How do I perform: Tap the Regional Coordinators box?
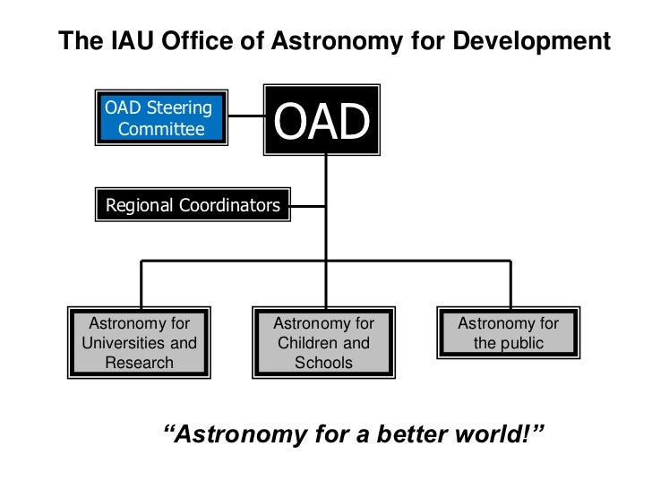point(192,205)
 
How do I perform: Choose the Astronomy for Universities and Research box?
point(139,343)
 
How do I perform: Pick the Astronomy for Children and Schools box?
point(323,343)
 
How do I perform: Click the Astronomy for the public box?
point(508,333)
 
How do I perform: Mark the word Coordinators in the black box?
point(228,205)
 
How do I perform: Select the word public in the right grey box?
point(521,343)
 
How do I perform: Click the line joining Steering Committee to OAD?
point(244,116)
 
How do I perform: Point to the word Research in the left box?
point(139,363)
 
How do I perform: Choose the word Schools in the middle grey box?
point(323,363)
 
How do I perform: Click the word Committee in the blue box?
point(161,129)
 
